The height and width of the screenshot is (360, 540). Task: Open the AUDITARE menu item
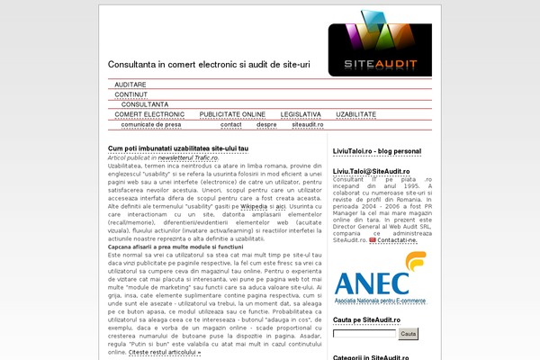(x=130, y=84)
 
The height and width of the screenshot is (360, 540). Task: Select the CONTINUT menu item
(x=131, y=94)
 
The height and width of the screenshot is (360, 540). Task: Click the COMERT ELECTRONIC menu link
(x=149, y=115)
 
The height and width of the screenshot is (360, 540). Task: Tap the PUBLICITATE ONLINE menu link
(x=232, y=115)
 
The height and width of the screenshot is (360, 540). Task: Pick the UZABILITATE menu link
(x=355, y=115)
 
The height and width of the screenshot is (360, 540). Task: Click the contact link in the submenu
(x=231, y=125)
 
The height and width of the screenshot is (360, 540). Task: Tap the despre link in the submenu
(x=266, y=125)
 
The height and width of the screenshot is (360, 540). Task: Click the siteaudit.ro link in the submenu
(x=306, y=125)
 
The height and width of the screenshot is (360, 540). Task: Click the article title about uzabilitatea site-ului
(x=178, y=148)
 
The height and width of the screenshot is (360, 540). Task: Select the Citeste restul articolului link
(x=165, y=353)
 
